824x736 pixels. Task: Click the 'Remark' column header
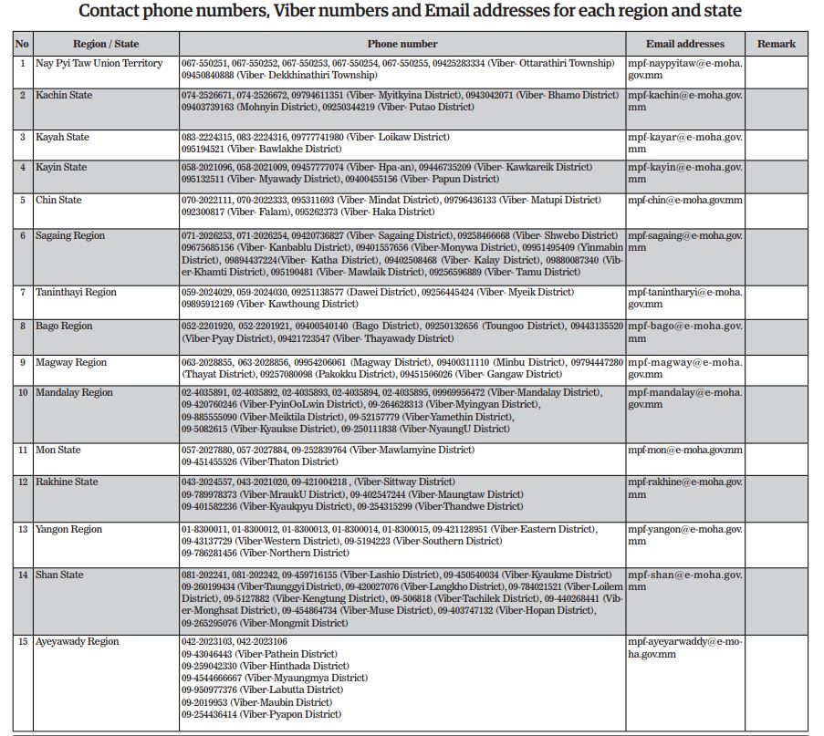(776, 44)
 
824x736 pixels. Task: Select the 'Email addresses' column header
(684, 44)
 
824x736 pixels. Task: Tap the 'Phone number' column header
(402, 44)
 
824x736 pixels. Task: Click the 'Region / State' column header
(106, 44)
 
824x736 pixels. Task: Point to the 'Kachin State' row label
(64, 95)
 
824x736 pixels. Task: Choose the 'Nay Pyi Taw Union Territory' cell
(99, 63)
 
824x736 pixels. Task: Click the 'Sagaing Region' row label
(70, 235)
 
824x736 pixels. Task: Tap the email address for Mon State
(684, 450)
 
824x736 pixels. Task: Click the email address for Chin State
(684, 200)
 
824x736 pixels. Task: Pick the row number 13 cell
(23, 529)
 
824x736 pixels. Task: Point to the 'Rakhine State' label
(67, 482)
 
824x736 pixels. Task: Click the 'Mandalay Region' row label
(74, 392)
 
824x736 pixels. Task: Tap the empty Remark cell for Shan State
(776, 598)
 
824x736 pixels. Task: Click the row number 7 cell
(23, 292)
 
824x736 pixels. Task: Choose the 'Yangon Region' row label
(68, 529)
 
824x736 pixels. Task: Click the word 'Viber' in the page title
(313, 12)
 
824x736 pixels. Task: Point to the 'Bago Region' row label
(64, 326)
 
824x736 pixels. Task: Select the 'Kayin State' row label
(61, 167)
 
